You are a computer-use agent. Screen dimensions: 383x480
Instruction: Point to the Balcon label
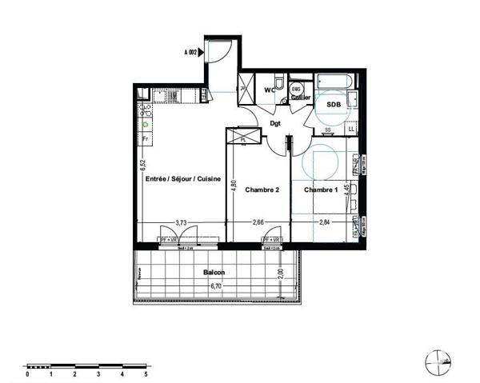(x=214, y=273)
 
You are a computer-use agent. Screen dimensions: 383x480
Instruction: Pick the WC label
(x=270, y=90)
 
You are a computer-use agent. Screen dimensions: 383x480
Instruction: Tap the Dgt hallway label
(x=275, y=124)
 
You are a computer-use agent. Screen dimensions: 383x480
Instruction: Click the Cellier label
(x=301, y=97)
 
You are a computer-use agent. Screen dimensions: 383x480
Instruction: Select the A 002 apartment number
(x=191, y=53)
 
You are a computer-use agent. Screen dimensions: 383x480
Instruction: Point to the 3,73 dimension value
(x=182, y=223)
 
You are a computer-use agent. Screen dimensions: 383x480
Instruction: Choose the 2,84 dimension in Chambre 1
(x=325, y=223)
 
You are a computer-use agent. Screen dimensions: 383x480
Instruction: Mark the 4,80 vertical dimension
(x=234, y=184)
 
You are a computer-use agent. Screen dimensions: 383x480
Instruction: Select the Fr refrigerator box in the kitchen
(x=146, y=140)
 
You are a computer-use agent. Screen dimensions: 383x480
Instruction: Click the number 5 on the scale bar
(x=146, y=373)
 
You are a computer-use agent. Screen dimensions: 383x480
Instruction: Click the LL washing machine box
(x=351, y=128)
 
